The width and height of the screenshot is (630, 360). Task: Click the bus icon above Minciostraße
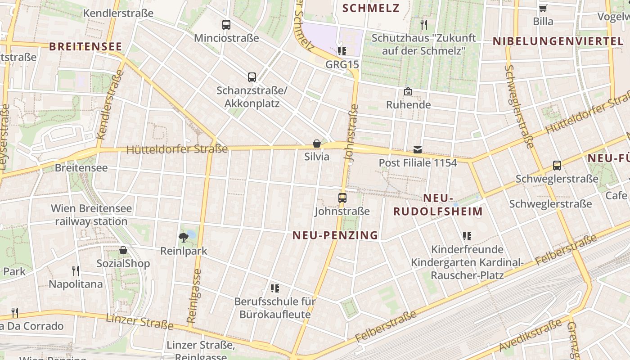[x=226, y=25]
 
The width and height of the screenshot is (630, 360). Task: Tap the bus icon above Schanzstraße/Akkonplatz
[x=252, y=77]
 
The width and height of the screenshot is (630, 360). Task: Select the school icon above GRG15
[x=342, y=51]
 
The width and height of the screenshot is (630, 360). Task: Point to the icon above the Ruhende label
[x=408, y=92]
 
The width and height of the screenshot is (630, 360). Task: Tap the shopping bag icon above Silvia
[x=317, y=144]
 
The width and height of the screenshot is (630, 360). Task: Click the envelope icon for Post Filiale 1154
[x=418, y=149]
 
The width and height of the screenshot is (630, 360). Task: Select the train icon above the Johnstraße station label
[x=342, y=198]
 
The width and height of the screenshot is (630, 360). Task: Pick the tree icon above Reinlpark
[x=184, y=237]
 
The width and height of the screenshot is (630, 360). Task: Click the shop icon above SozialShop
[x=123, y=250]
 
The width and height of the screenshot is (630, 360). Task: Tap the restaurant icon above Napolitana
[x=76, y=270]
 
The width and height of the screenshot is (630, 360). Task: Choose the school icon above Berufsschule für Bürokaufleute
[x=274, y=288]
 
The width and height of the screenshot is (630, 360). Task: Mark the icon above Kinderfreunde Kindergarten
[x=467, y=236]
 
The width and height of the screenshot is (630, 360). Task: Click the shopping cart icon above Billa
[x=543, y=8]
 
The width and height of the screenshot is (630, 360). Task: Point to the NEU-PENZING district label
[x=335, y=235]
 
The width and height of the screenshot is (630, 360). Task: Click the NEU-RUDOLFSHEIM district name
[x=438, y=205]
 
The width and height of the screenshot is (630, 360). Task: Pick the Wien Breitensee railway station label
[x=91, y=215]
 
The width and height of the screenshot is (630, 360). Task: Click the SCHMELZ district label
[x=371, y=8]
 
